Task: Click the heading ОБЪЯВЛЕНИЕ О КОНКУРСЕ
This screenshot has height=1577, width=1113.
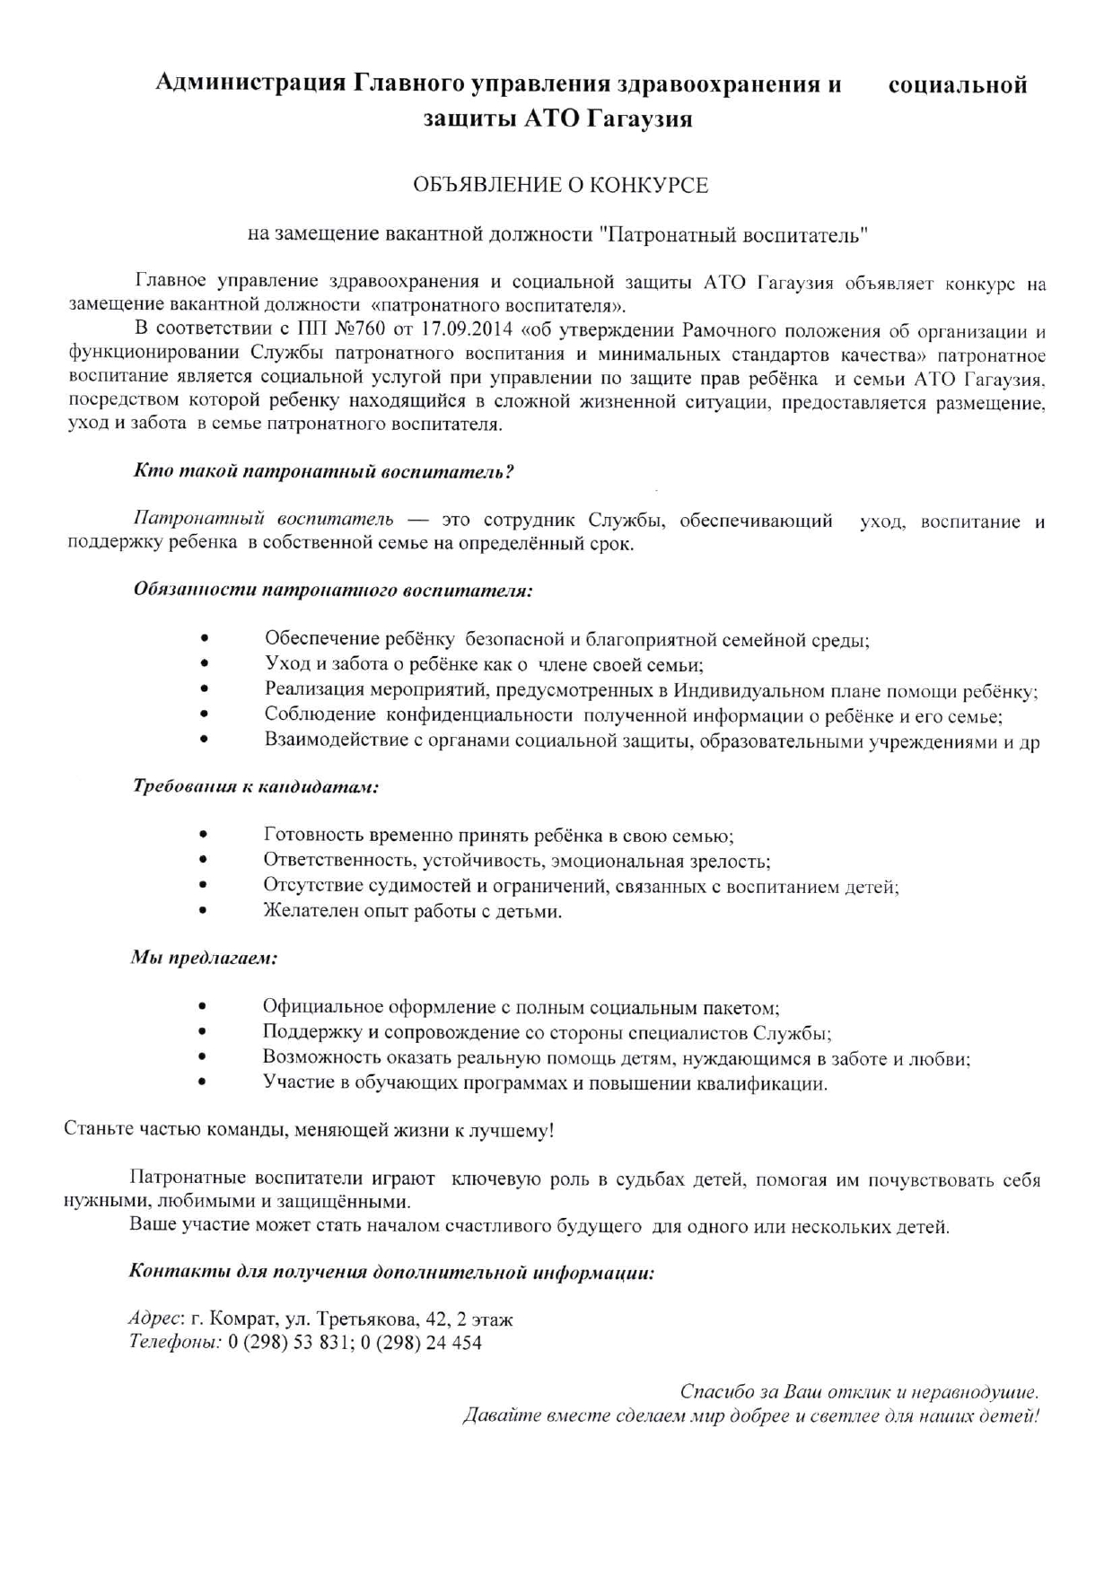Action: point(560,186)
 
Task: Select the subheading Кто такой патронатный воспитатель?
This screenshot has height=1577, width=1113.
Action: point(323,471)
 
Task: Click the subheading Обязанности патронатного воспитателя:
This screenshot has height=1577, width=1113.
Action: point(332,591)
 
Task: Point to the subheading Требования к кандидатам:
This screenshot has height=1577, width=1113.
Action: point(256,787)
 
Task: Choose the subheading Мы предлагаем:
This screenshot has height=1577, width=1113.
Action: point(204,958)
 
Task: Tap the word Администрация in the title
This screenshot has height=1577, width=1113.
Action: point(250,85)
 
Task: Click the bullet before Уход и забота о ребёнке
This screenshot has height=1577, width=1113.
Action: point(205,665)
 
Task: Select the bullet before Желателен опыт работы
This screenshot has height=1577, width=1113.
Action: point(205,912)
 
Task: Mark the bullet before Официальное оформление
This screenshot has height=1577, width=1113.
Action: point(205,1008)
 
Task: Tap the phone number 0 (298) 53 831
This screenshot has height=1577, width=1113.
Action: point(290,1343)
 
